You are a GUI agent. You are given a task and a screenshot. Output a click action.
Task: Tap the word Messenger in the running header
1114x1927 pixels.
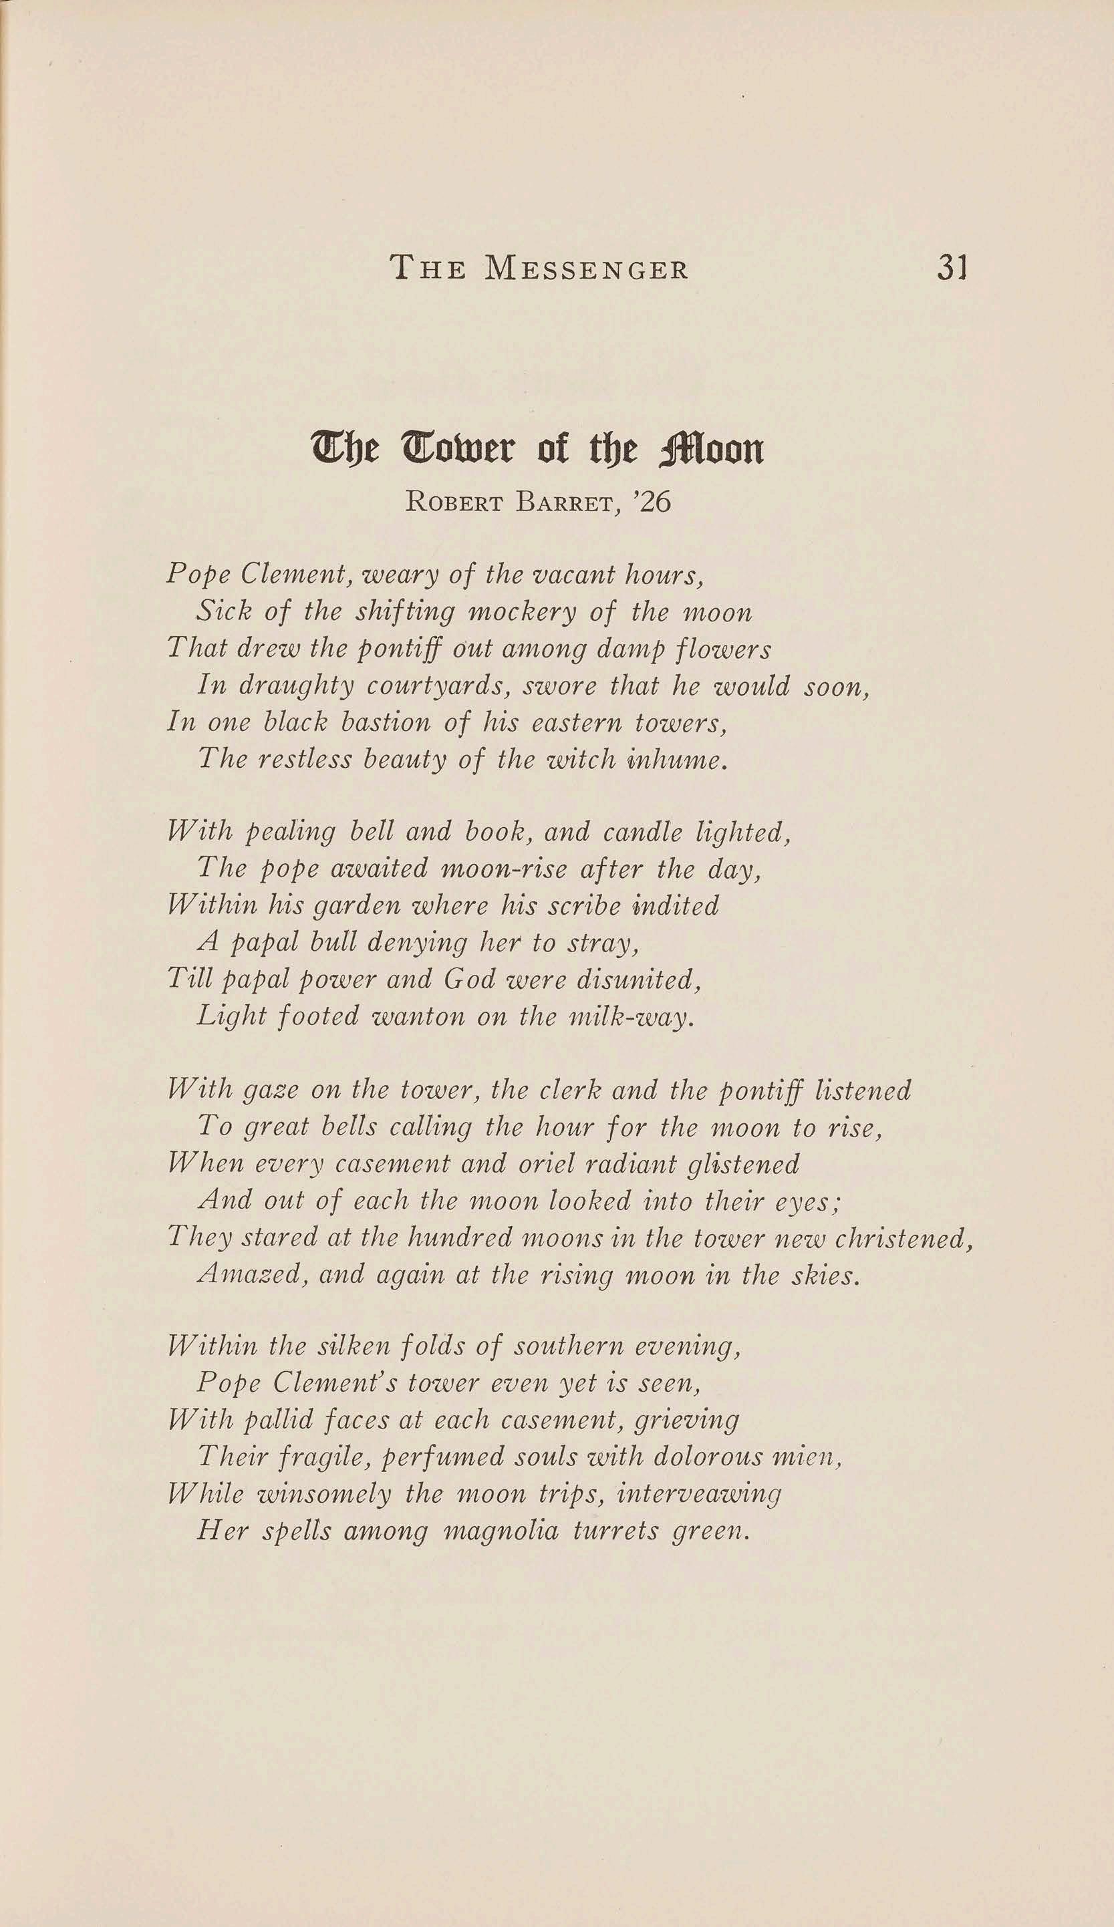coord(587,269)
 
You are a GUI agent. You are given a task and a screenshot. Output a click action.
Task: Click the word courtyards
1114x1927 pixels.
coord(438,688)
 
